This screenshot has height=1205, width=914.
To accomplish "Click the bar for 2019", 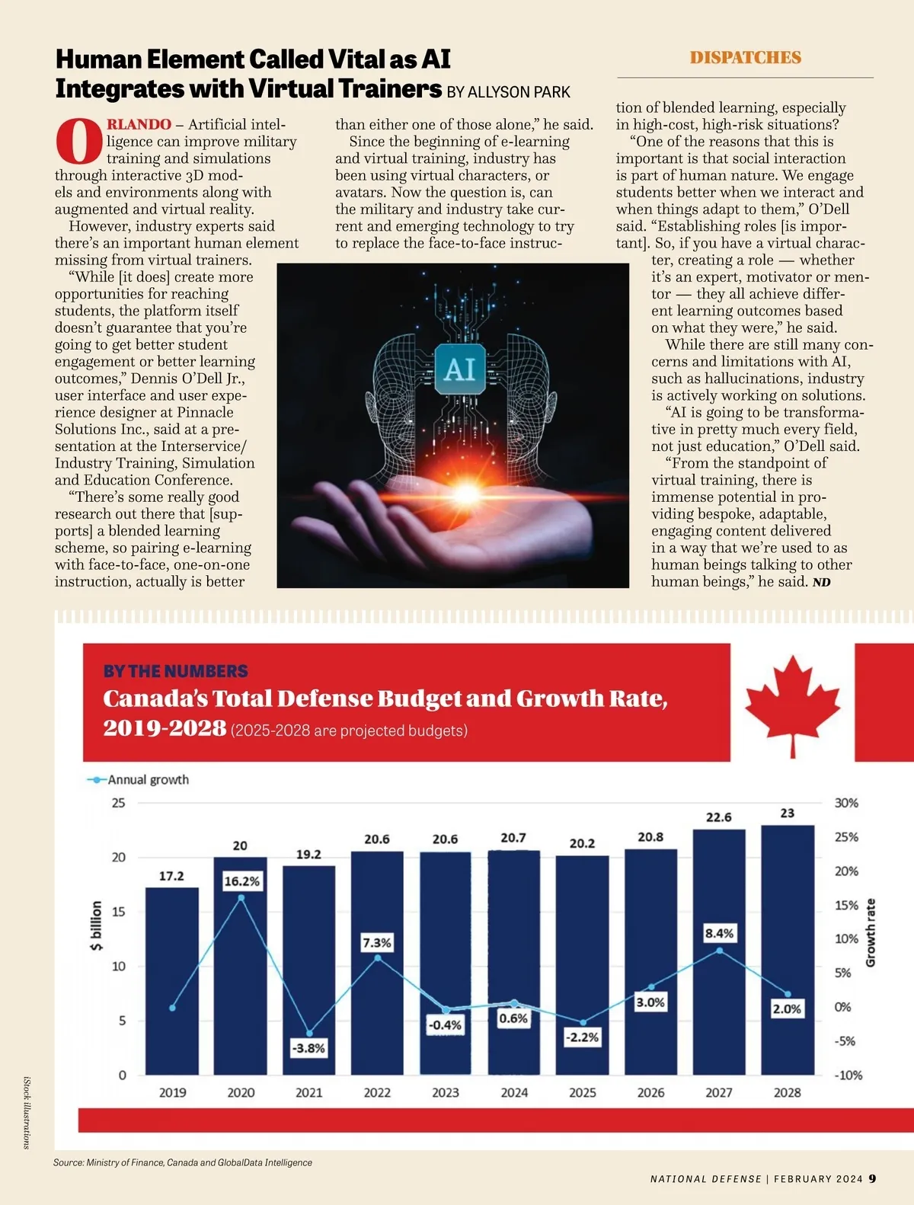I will point(172,983).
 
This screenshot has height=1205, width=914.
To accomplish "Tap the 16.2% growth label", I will point(242,881).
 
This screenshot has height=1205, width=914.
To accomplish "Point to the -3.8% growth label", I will point(308,1048).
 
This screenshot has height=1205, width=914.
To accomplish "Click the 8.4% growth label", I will point(719,933).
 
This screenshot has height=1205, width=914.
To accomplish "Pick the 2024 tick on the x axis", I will point(514,1092).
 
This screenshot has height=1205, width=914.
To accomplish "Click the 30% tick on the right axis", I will point(846,803).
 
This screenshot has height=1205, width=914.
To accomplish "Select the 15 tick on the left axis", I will point(119,912).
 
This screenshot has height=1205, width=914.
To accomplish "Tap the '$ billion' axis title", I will point(96,925).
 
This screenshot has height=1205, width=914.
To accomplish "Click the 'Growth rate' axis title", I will point(871,933).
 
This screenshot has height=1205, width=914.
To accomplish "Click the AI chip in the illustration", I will point(459,369).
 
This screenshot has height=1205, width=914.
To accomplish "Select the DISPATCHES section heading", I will point(745,58).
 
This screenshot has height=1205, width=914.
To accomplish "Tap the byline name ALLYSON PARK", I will point(519,92).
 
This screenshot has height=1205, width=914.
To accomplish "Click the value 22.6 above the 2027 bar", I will point(719,817).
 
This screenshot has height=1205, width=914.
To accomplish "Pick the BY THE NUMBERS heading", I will point(175,671).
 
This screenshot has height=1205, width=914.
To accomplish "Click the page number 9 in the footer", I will point(872,1178).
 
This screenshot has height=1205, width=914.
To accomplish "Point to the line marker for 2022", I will point(378,957).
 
